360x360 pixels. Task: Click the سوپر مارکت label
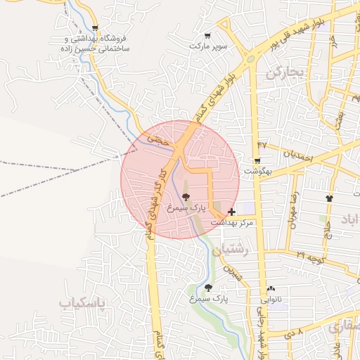click(209, 46)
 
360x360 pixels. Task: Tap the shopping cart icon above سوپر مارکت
click(207, 36)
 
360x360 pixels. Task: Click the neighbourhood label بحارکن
click(283, 72)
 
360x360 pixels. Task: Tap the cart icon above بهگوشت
click(257, 161)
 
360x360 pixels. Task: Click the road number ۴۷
click(262, 144)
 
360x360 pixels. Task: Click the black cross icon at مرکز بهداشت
click(232, 211)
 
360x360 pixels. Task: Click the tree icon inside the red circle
click(186, 198)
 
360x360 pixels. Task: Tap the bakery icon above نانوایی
click(271, 288)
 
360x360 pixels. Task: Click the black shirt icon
click(329, 198)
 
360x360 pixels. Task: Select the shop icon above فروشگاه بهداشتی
click(95, 29)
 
